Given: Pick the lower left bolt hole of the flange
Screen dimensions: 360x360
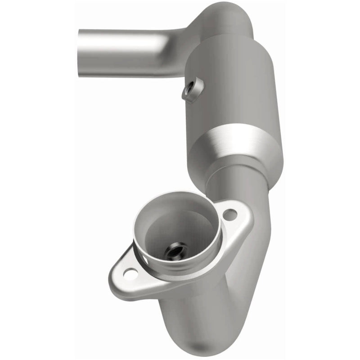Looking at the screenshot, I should click(x=131, y=272).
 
